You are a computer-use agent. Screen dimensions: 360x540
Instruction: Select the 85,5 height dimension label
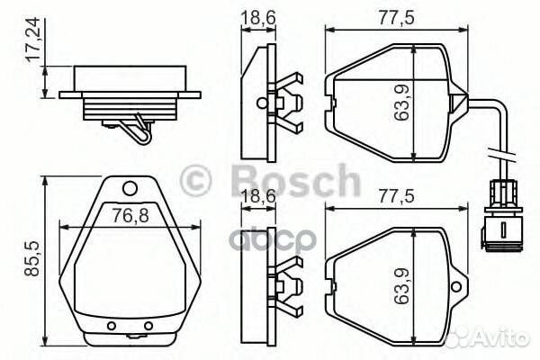click(33, 256)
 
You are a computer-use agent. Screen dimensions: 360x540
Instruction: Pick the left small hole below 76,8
click(111, 325)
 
